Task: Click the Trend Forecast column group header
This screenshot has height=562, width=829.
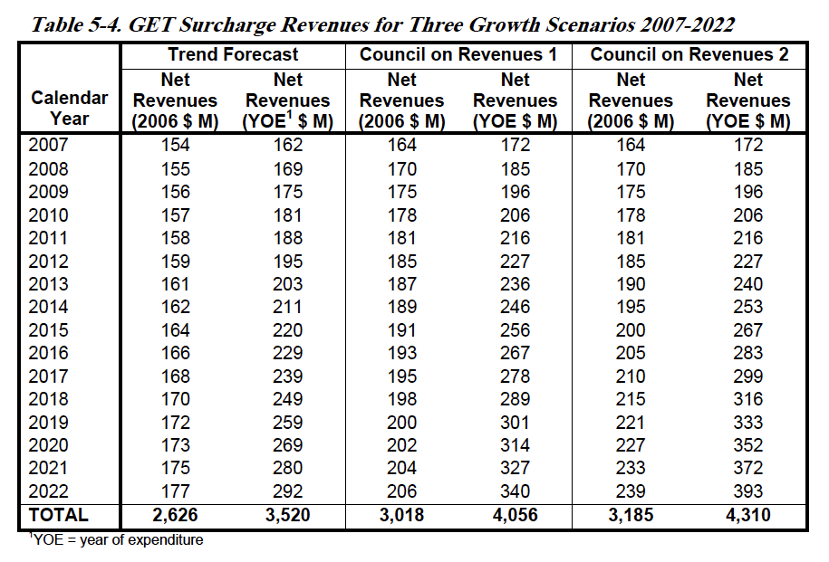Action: pyautogui.click(x=233, y=54)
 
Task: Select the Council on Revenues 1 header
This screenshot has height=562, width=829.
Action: pyautogui.click(x=458, y=54)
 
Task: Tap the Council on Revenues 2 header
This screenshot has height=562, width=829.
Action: pyautogui.click(x=689, y=54)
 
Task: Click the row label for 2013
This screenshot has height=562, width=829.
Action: pyautogui.click(x=48, y=284)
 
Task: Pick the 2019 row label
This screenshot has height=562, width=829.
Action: pyautogui.click(x=48, y=423)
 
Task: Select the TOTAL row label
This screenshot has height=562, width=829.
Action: pyautogui.click(x=58, y=515)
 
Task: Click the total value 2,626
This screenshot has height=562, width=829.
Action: pyautogui.click(x=175, y=515)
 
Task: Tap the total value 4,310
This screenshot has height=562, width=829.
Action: pyautogui.click(x=748, y=515)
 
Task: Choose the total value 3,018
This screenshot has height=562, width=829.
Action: pyautogui.click(x=401, y=515)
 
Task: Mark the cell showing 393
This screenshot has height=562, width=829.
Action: pyautogui.click(x=748, y=491)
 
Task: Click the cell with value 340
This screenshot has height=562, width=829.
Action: pyautogui.click(x=515, y=491)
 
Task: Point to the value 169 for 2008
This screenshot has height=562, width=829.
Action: pyautogui.click(x=287, y=169)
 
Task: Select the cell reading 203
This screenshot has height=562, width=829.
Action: pyautogui.click(x=287, y=284)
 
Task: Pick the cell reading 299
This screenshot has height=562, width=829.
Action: pyautogui.click(x=748, y=376)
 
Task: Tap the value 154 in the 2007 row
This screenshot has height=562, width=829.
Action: pyautogui.click(x=175, y=145)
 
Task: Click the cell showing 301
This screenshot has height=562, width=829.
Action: pyautogui.click(x=515, y=423)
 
